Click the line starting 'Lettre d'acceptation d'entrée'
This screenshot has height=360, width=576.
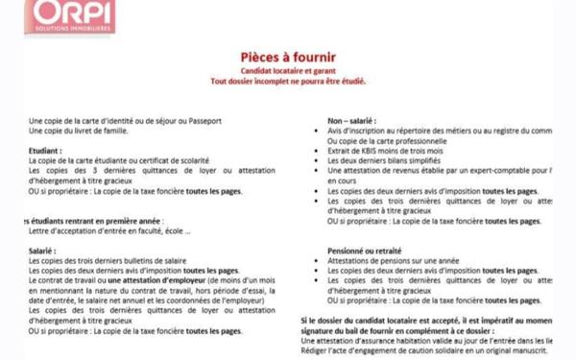tap(109, 230)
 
